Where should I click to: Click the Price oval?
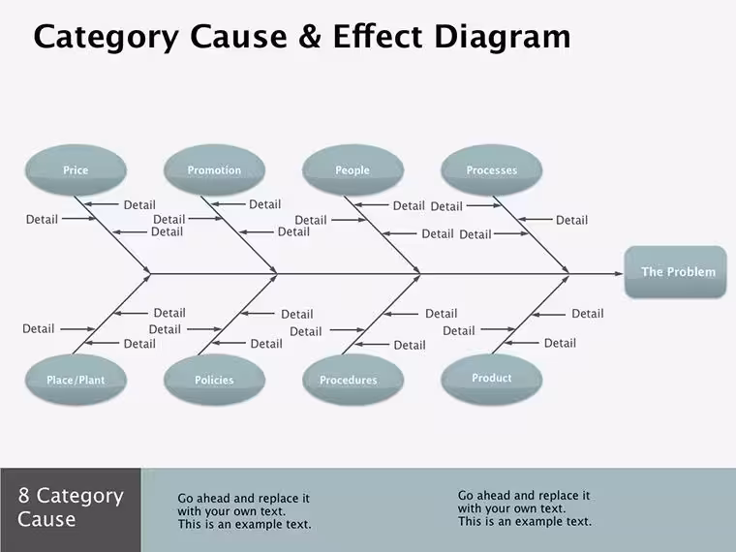click(76, 169)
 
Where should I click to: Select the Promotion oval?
click(215, 169)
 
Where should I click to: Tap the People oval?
click(353, 169)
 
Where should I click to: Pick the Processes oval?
click(491, 169)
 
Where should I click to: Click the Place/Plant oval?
click(76, 380)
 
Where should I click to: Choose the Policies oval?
click(215, 380)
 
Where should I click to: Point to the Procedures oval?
click(353, 380)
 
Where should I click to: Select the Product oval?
click(491, 379)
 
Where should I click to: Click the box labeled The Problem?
click(675, 272)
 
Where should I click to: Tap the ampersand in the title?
click(309, 37)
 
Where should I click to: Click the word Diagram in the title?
click(503, 37)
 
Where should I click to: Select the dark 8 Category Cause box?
click(71, 509)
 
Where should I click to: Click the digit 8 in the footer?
click(23, 495)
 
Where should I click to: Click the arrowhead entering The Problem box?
click(619, 274)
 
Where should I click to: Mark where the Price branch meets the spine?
click(150, 274)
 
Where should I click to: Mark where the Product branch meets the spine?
click(568, 274)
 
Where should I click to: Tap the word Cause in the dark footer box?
click(46, 519)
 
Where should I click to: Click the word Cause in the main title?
click(238, 37)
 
